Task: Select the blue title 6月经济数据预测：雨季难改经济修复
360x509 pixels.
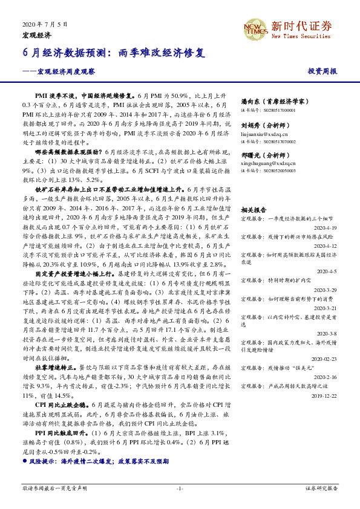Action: click(x=114, y=53)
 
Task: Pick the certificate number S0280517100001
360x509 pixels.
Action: click(x=269, y=111)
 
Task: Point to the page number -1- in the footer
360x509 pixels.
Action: click(x=180, y=487)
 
